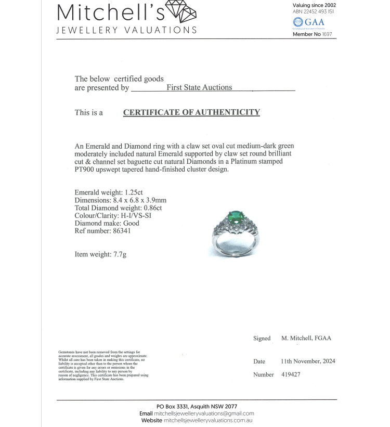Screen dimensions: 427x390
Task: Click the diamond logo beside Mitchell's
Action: pos(180,11)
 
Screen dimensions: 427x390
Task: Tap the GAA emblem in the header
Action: pos(309,22)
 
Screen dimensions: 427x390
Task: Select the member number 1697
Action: pos(327,34)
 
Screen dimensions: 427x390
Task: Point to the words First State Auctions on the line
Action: pos(199,88)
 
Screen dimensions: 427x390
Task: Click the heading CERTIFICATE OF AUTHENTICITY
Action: pos(191,112)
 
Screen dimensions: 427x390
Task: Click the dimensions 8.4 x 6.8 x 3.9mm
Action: pos(140,200)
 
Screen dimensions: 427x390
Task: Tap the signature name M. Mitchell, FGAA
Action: pos(306,338)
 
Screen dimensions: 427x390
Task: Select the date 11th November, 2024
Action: pos(308,361)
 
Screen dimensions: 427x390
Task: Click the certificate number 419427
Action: pos(291,374)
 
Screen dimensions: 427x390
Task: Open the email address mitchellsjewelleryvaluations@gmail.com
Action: pos(204,413)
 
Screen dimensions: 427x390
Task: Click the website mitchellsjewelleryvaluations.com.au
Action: pos(209,421)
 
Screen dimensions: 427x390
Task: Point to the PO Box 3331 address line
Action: pos(197,406)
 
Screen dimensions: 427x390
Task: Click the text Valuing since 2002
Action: pos(314,5)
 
